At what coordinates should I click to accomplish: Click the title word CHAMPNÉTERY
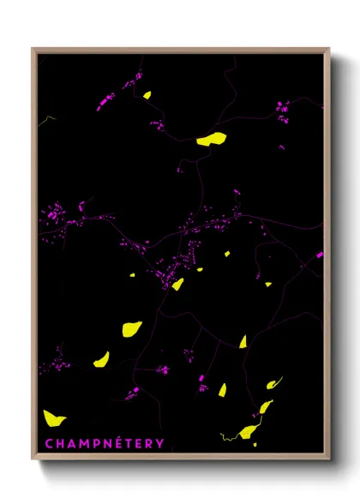(104, 443)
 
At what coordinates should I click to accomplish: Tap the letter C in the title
(49, 443)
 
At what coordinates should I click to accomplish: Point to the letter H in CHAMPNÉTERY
(60, 443)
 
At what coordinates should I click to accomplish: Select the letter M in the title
(84, 443)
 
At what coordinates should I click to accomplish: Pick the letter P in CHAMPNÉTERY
(97, 443)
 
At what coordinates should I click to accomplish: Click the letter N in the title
(108, 443)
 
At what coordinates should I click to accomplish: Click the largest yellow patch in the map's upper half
(212, 138)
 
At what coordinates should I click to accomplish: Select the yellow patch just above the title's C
(54, 418)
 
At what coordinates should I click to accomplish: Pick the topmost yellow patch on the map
(147, 95)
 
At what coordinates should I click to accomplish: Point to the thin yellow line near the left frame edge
(48, 119)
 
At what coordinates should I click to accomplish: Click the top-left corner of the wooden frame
(33, 49)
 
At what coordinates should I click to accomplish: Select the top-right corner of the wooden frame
(329, 49)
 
